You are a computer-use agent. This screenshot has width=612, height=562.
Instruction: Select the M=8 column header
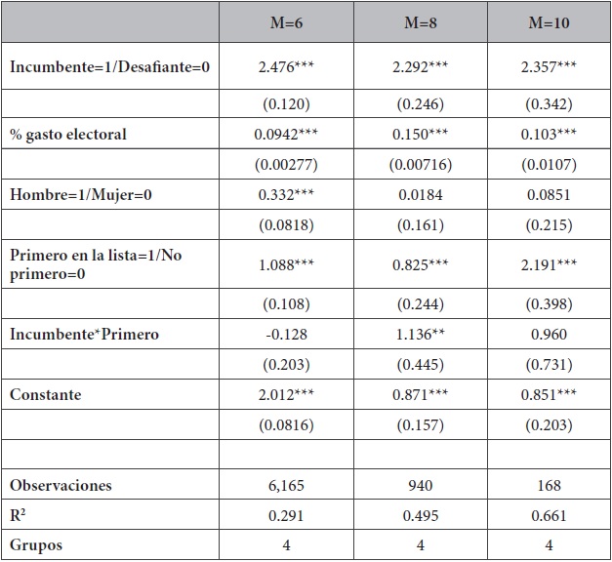pos(421,21)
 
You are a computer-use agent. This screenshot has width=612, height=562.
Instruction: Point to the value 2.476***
pos(286,67)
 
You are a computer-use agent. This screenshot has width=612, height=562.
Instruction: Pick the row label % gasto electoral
pos(68,135)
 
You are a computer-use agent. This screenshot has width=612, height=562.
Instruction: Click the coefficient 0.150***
pos(421,135)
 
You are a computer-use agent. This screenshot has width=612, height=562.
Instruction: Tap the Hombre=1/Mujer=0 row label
pos(81,195)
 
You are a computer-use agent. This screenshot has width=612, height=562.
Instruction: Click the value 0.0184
pos(421,195)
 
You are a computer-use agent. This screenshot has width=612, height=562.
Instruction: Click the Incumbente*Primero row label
pos(84,335)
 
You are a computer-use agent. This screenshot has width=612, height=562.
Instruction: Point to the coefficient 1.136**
pos(421,335)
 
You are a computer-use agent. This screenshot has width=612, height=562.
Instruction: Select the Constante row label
pos(46,395)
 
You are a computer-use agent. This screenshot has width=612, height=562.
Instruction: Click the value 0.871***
pos(421,395)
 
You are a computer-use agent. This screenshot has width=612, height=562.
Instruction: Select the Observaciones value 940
pos(421,485)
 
